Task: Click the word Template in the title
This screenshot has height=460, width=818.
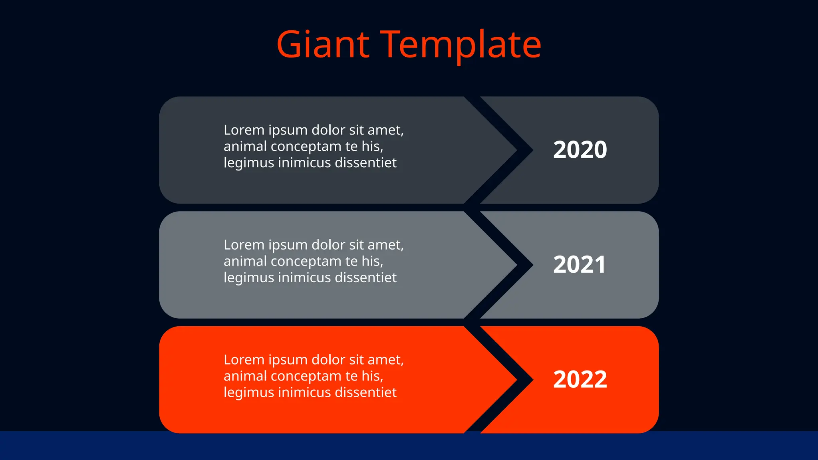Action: [x=461, y=44]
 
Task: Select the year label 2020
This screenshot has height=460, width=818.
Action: [x=580, y=150]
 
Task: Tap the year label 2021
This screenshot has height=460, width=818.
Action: [x=579, y=264]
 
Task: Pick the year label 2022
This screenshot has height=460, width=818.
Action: [x=580, y=379]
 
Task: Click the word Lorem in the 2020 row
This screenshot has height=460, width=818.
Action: [x=244, y=130]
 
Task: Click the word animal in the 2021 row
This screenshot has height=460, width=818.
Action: [x=245, y=261]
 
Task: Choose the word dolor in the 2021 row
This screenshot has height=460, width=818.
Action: [x=328, y=245]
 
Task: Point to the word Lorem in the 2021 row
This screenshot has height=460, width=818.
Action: [x=244, y=245]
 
